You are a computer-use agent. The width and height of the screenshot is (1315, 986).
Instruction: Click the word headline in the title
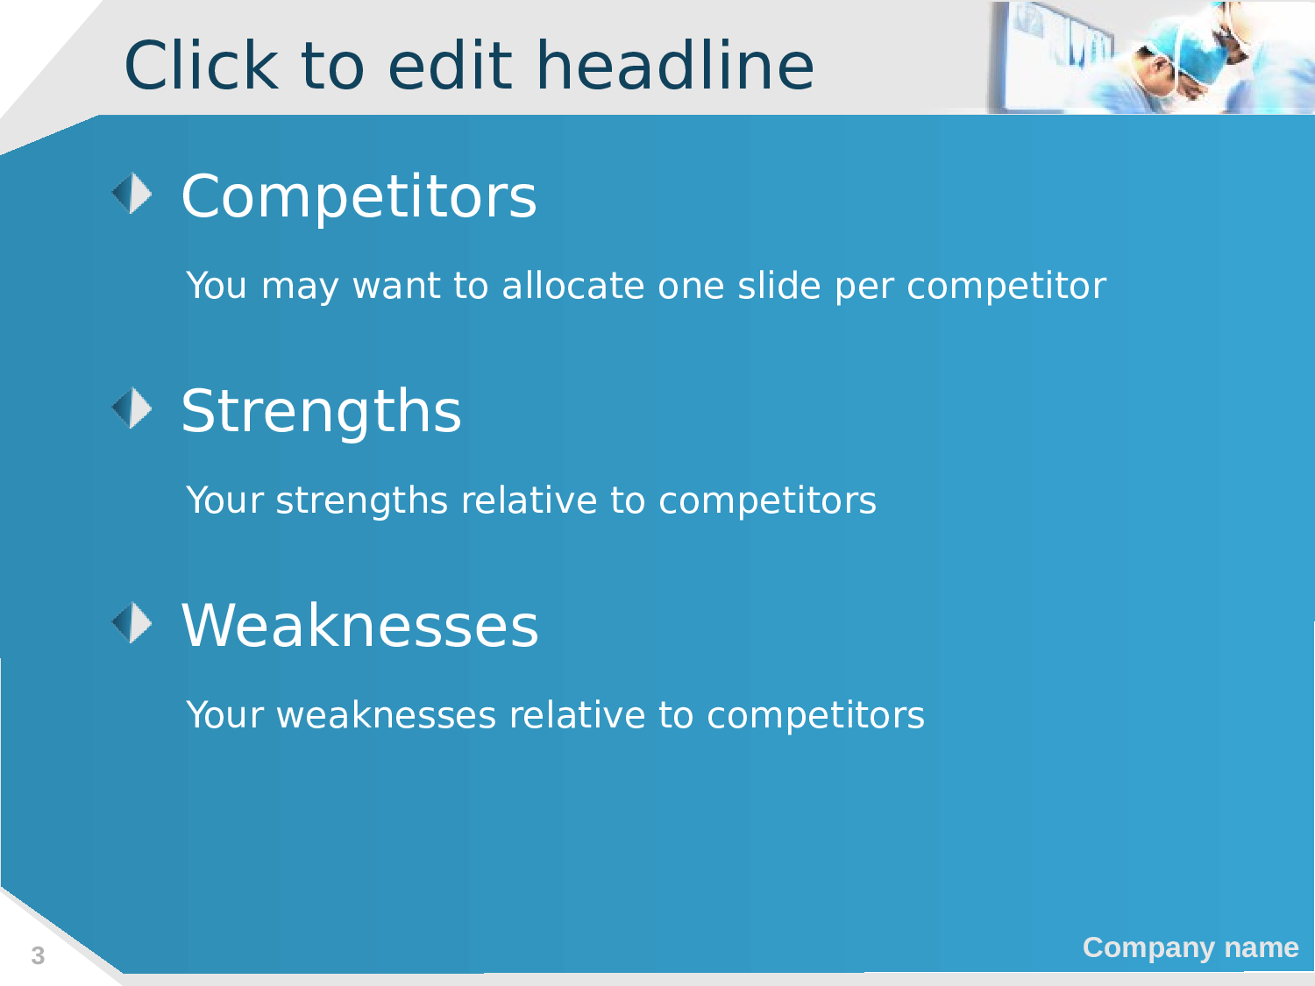tap(675, 65)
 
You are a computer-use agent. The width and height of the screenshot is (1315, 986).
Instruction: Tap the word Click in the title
tap(202, 65)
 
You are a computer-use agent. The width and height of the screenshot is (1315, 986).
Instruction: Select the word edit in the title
tap(450, 65)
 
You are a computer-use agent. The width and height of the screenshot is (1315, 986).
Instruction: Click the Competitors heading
tap(359, 196)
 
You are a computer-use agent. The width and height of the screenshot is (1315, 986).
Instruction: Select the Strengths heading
tap(321, 411)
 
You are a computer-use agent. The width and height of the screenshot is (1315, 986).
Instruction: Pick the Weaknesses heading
tap(359, 625)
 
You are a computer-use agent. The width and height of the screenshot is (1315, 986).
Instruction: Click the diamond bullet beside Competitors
tap(131, 193)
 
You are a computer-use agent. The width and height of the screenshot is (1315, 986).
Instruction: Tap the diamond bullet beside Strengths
tap(131, 408)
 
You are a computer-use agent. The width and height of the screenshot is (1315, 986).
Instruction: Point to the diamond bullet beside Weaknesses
tap(131, 622)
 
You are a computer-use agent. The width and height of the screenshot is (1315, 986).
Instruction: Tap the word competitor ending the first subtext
tap(1006, 287)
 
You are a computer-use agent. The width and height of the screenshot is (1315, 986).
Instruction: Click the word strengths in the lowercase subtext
tap(362, 500)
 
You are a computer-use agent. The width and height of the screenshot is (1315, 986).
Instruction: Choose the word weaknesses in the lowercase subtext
tap(387, 715)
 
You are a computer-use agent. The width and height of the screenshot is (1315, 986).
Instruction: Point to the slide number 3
tap(38, 955)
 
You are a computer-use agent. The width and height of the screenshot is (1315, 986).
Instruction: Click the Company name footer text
tap(1191, 947)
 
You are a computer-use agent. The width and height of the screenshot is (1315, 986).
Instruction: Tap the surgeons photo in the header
tap(1150, 58)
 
